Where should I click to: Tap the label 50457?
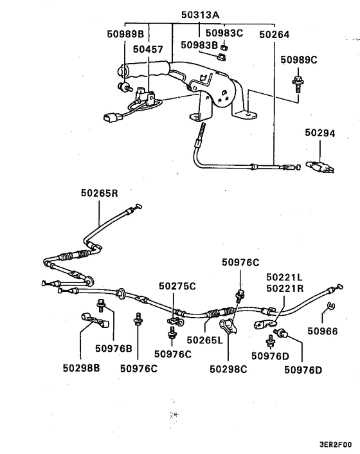tap(148, 49)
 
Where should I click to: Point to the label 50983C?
tap(223, 32)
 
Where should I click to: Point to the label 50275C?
tap(177, 286)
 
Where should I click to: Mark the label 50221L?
tap(285, 277)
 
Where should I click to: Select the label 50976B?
tap(114, 348)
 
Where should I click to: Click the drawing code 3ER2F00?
tap(335, 444)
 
